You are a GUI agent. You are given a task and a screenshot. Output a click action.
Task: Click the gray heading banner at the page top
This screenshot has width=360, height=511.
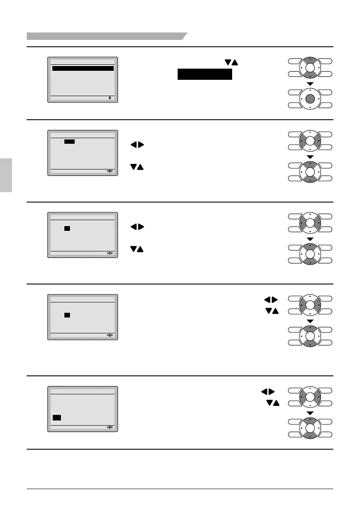pos(106,36)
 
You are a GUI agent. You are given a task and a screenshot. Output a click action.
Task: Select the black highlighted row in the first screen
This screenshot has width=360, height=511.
pos(83,68)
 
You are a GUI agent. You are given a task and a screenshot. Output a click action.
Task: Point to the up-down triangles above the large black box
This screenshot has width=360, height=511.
pos(231,63)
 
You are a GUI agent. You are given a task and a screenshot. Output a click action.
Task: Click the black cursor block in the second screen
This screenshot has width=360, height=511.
pos(70,141)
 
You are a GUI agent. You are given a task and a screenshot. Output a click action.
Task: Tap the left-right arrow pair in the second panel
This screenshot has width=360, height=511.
pos(137,145)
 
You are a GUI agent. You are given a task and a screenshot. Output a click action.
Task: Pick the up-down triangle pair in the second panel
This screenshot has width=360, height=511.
pos(137,167)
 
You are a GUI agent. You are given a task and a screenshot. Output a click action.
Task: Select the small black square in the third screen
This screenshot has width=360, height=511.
pos(67,228)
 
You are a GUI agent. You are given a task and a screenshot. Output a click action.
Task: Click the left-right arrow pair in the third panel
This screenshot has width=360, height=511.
pos(137,227)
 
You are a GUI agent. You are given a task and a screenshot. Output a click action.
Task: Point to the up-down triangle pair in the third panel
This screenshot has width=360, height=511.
pos(137,249)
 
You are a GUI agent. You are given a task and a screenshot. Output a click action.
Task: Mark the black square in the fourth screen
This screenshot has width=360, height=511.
pos(67,315)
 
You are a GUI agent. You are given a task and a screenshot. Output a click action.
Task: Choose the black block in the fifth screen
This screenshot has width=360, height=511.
pos(57,417)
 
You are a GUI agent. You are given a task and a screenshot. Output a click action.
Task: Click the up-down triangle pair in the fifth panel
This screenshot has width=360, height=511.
pos(272,402)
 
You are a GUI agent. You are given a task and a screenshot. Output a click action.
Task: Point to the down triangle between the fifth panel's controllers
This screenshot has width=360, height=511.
pos(310,413)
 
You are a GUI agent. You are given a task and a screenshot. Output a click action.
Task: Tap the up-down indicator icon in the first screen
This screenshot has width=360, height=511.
pos(110,98)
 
